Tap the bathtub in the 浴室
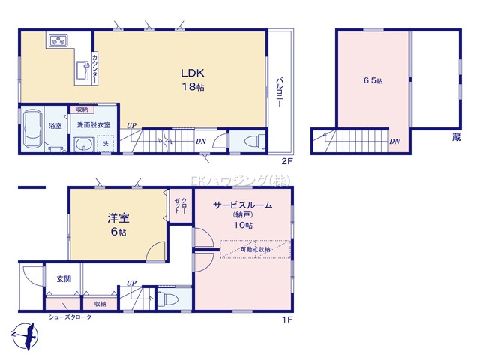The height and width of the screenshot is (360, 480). point(33,129)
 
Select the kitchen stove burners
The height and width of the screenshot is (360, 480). point(58,40)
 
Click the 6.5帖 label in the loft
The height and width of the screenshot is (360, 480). point(373,80)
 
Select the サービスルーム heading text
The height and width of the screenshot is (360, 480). point(242,205)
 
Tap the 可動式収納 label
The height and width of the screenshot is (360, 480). point(256,249)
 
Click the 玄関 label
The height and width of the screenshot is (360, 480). point(63,278)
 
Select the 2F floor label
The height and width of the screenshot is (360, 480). point(286,161)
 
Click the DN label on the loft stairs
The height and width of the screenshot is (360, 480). point(394,141)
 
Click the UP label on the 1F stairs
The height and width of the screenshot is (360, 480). point(132,283)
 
